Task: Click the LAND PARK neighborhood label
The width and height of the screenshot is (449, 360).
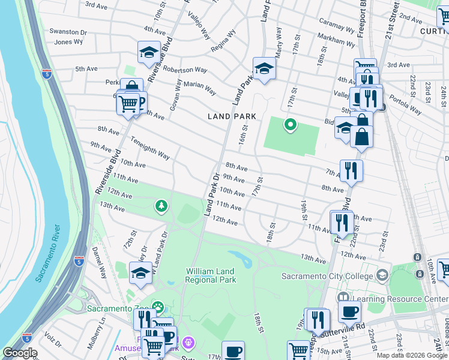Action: click(x=232, y=116)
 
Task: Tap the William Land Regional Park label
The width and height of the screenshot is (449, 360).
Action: click(x=210, y=276)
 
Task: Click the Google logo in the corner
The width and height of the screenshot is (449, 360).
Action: click(x=20, y=353)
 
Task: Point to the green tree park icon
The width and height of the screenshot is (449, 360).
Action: click(x=161, y=206)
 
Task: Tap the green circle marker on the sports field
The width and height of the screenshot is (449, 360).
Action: click(x=290, y=125)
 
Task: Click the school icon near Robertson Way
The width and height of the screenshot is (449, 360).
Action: click(x=148, y=53)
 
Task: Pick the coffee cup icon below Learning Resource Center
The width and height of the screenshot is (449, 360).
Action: click(x=349, y=311)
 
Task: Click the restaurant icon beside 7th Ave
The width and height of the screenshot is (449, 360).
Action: click(x=351, y=170)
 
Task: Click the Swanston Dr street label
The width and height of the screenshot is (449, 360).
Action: click(x=68, y=31)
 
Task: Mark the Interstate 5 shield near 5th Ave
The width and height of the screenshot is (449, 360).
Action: click(x=47, y=73)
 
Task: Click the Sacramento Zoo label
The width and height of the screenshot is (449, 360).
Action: click(x=118, y=308)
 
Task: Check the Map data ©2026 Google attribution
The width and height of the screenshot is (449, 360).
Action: click(x=412, y=355)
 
